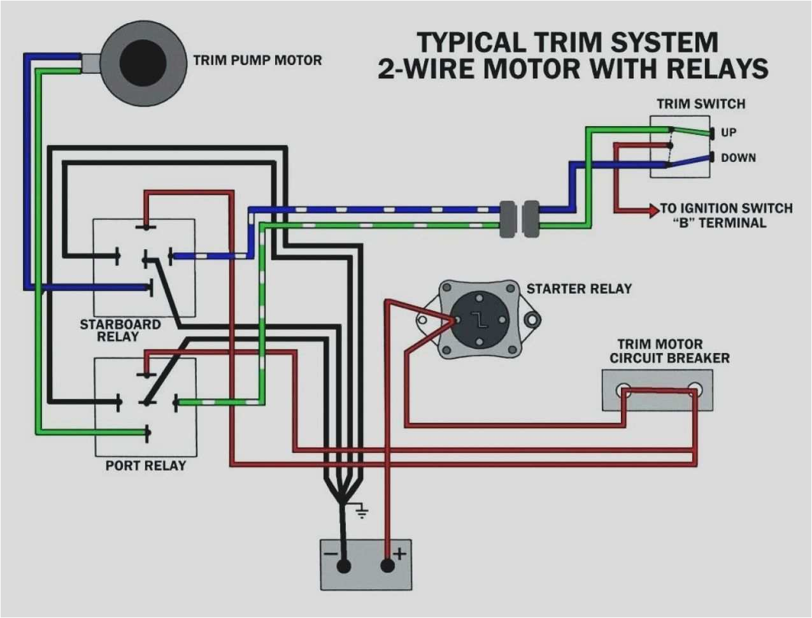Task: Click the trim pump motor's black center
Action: (x=143, y=63)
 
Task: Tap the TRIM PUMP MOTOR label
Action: (x=257, y=61)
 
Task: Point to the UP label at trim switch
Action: (x=729, y=133)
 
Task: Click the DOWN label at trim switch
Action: (x=738, y=157)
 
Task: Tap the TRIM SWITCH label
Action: (x=701, y=104)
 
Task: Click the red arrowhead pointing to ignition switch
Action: (x=653, y=210)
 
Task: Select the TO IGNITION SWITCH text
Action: (x=726, y=208)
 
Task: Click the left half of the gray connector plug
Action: (x=507, y=219)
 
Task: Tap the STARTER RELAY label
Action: (x=579, y=289)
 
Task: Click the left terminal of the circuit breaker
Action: (x=623, y=391)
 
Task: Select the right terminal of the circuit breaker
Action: (x=694, y=389)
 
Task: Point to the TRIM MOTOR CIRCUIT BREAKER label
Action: (x=669, y=351)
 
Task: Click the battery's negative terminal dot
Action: (x=343, y=566)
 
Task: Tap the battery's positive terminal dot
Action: (x=387, y=566)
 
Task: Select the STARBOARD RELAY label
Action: (x=120, y=330)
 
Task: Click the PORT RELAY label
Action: (x=145, y=466)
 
